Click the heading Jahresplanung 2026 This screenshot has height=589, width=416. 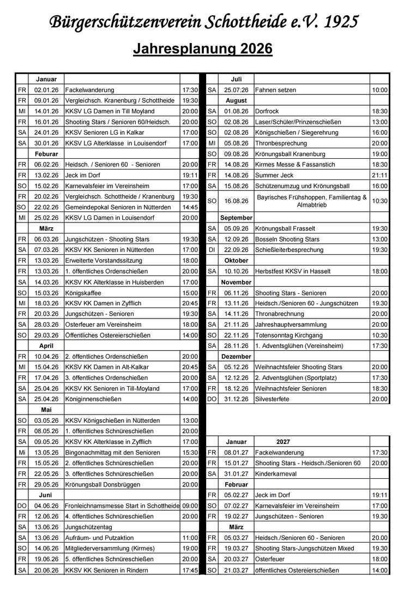(x=203, y=49)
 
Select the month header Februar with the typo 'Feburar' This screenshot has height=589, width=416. (x=46, y=154)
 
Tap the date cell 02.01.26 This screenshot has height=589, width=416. (x=46, y=90)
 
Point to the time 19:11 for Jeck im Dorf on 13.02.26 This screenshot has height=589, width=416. (x=190, y=175)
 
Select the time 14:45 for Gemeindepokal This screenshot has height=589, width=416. (x=190, y=207)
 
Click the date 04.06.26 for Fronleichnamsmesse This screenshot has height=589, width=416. (x=46, y=506)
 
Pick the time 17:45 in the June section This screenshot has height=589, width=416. (x=190, y=570)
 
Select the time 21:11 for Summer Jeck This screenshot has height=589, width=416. (x=379, y=175)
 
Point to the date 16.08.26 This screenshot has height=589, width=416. (x=236, y=201)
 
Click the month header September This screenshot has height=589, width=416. (x=236, y=218)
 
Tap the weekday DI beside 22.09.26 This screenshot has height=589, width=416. (x=212, y=250)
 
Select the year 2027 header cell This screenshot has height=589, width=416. (x=283, y=442)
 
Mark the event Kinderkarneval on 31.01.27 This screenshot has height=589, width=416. (x=276, y=474)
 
